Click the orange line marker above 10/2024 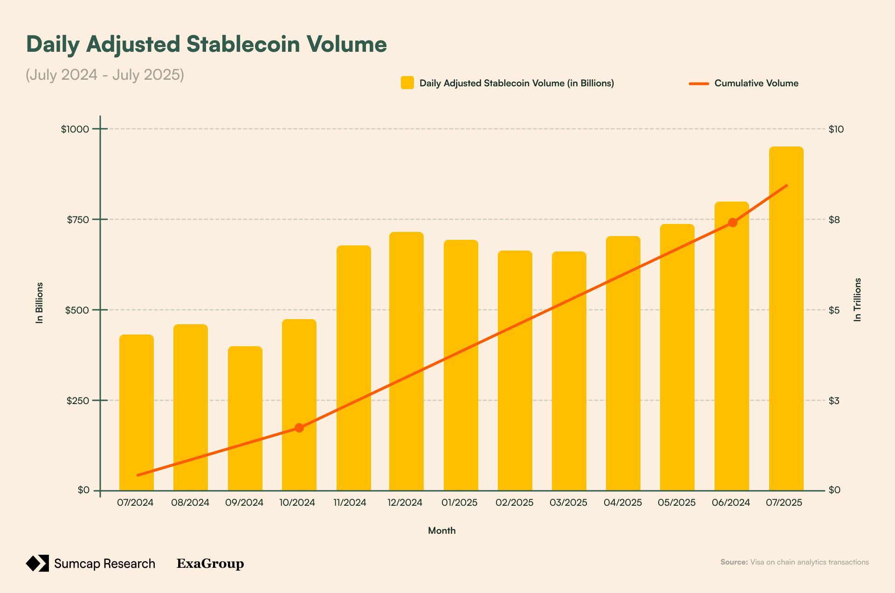click(299, 428)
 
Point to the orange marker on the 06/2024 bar click(732, 223)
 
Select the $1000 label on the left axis click(75, 129)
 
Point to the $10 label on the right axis click(836, 129)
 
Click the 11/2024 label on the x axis click(350, 502)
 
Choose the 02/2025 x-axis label click(514, 502)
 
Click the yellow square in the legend click(407, 83)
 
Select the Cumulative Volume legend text click(756, 83)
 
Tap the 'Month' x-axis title click(441, 530)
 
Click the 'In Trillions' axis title click(857, 300)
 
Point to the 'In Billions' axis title click(40, 302)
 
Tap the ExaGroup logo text click(210, 564)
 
